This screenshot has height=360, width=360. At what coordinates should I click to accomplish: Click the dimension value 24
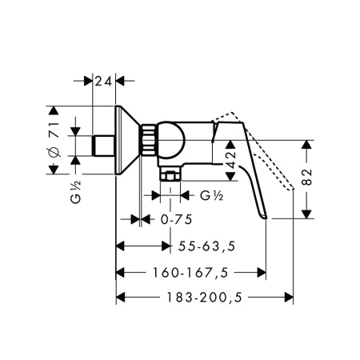point(103,81)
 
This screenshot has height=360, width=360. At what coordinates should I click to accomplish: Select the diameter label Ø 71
point(54,140)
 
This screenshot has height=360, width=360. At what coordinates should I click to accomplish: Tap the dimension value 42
point(231,160)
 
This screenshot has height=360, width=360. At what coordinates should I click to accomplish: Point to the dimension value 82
point(306,177)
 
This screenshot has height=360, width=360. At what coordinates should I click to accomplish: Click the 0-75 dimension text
point(176,220)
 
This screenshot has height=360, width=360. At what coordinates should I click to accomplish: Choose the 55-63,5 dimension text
point(206,246)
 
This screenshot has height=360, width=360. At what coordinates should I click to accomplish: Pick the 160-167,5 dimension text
point(190,273)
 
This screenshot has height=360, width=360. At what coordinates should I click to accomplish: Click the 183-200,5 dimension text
point(204,297)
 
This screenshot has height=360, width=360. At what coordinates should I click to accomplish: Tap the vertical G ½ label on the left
point(76,192)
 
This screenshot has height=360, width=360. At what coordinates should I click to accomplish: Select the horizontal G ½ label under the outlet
point(212,196)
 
